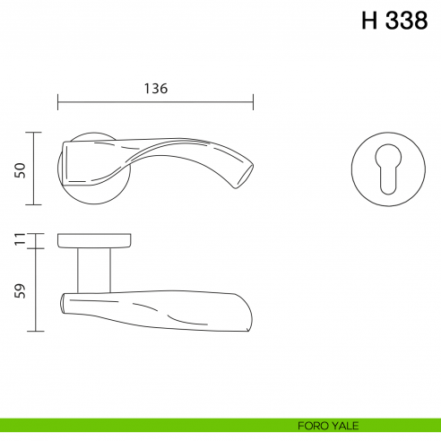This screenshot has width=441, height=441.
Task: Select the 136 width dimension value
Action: click(x=155, y=88)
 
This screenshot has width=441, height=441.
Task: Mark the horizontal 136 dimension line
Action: click(x=108, y=101)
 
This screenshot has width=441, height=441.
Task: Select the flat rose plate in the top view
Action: click(x=94, y=240)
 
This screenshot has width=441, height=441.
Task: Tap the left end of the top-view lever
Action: click(x=63, y=304)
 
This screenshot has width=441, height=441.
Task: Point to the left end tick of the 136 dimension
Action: click(x=58, y=101)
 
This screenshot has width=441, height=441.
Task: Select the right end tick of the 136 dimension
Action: click(x=254, y=101)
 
